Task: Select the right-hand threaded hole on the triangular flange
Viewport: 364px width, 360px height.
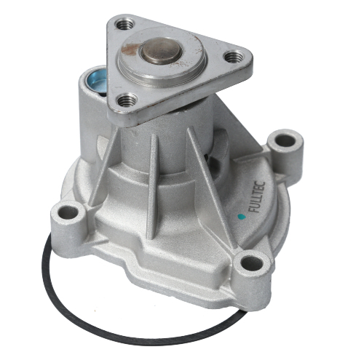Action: click(x=233, y=55)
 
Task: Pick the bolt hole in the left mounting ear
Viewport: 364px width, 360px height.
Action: click(x=69, y=212)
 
